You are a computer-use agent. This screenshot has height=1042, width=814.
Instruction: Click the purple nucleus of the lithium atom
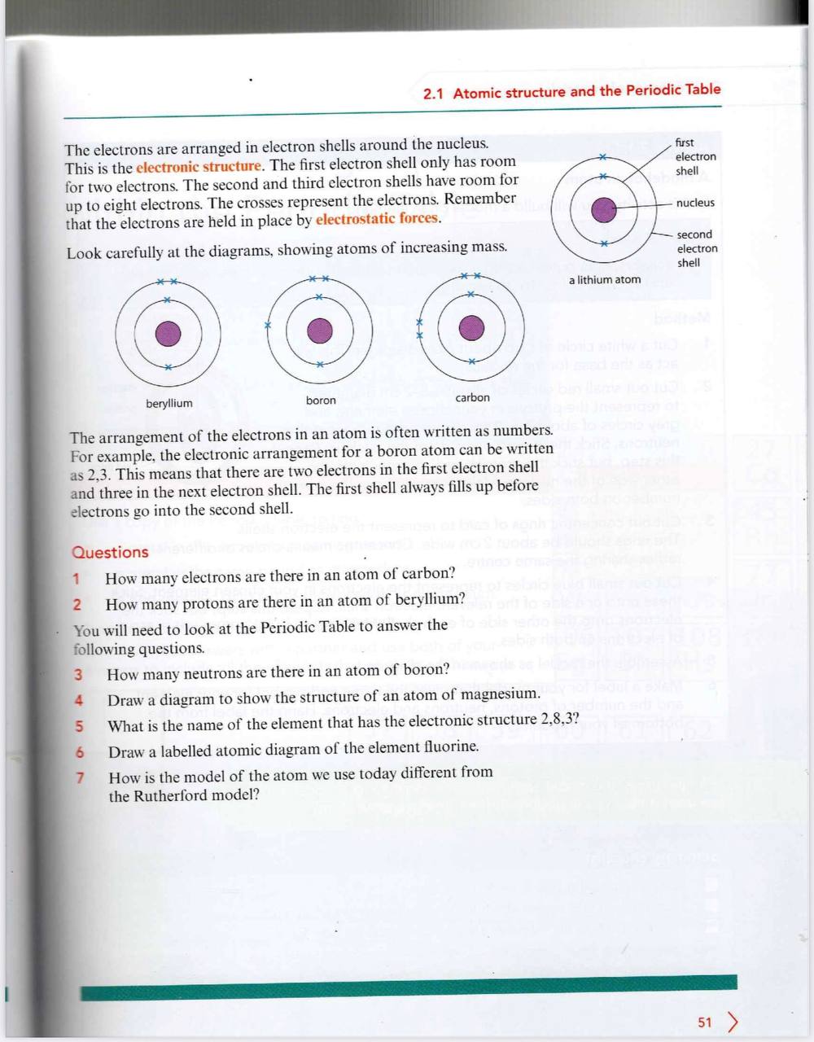click(603, 210)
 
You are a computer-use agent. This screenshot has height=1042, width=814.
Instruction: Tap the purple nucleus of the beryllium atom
click(168, 333)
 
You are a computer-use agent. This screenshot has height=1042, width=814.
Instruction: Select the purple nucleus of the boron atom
click(319, 331)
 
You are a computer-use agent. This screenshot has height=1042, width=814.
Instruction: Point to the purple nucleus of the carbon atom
click(471, 328)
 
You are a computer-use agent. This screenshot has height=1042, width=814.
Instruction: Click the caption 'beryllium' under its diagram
click(169, 404)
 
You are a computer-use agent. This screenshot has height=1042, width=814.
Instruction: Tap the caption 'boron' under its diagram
click(321, 401)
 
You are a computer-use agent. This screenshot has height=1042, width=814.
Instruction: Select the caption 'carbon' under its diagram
click(472, 397)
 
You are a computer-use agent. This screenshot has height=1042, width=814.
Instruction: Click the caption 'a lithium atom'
click(604, 279)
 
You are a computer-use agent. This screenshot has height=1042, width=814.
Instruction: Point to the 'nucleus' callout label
click(695, 203)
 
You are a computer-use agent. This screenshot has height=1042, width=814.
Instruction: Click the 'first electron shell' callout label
click(695, 156)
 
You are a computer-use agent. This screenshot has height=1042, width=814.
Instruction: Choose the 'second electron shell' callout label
click(697, 248)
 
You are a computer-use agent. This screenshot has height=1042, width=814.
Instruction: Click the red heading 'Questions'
click(110, 552)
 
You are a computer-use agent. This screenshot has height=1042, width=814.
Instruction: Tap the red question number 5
click(79, 726)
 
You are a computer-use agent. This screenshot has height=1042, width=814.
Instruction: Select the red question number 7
click(80, 777)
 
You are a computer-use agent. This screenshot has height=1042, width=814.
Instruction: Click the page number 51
click(705, 1022)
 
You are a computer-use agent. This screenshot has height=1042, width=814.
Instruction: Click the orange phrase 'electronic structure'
click(199, 167)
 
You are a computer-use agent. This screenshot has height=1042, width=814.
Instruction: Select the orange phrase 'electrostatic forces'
click(378, 219)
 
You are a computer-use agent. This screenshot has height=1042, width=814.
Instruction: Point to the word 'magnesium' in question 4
click(499, 694)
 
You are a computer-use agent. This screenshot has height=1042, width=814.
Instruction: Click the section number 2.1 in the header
click(433, 94)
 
